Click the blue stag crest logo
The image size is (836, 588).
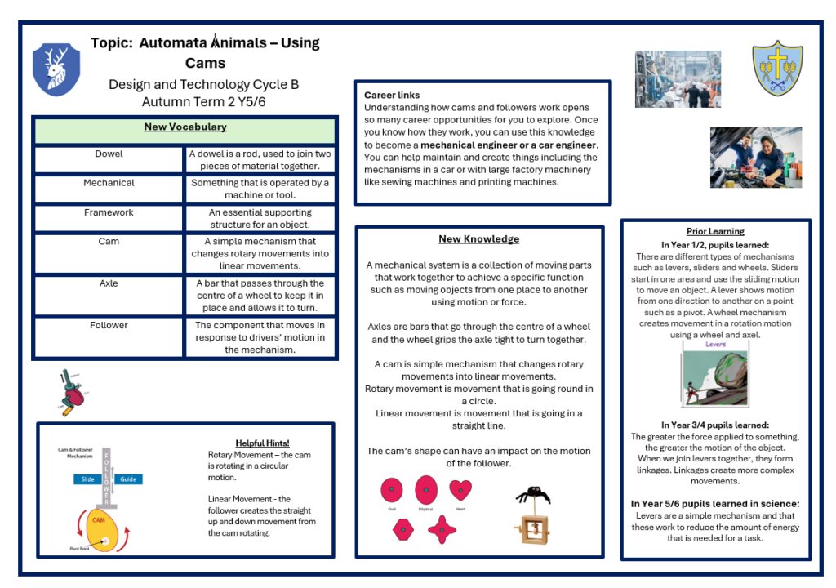coord(56,70)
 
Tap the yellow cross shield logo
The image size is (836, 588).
coord(776,68)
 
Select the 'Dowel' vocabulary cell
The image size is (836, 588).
coord(109,154)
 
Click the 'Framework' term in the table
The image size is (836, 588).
coord(109,212)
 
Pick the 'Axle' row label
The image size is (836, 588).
coord(109,283)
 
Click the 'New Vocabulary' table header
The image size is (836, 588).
coord(185,127)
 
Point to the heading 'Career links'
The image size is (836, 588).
coord(392,96)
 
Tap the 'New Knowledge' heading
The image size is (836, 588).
coord(478,239)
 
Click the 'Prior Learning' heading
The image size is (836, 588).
coord(715,231)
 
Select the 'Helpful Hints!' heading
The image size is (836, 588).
coord(262,443)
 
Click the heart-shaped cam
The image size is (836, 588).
coord(460,490)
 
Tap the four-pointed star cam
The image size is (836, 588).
coord(442,529)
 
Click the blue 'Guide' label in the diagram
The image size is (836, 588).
coord(127,479)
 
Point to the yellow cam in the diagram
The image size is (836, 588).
coord(101,528)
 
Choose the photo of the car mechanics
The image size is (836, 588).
coord(755,157)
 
